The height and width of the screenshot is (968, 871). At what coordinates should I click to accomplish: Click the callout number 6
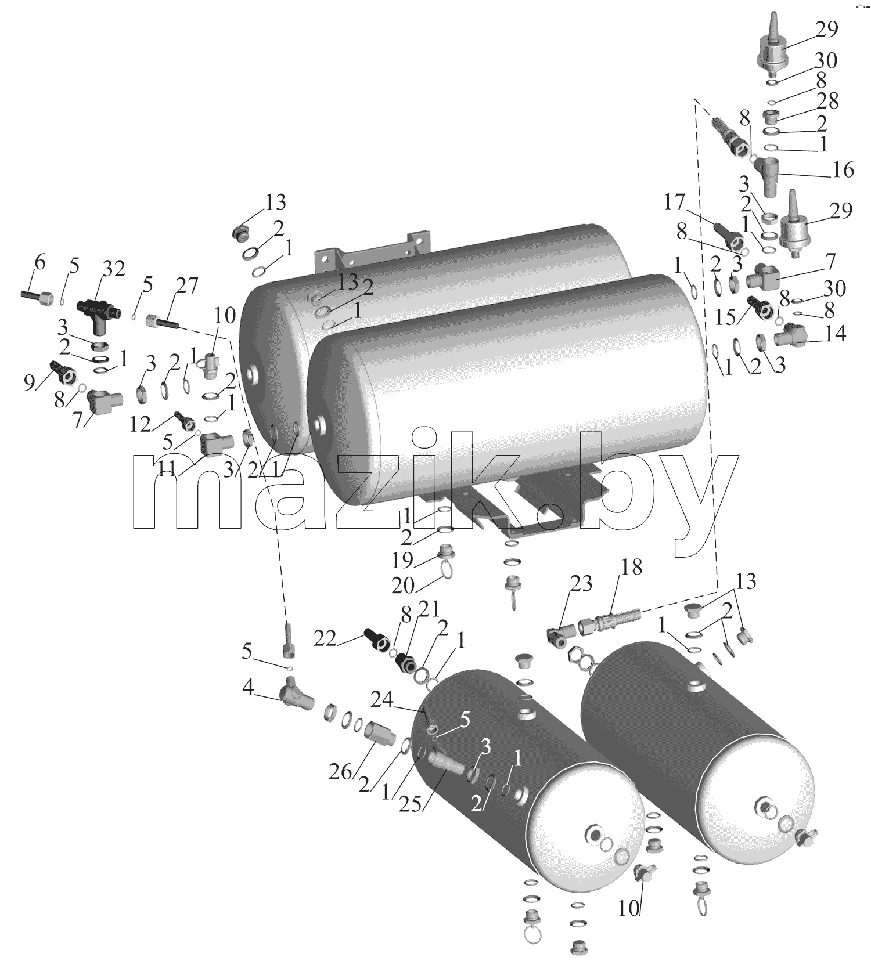(x=39, y=262)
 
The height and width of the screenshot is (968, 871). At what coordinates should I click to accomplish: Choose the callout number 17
(x=675, y=203)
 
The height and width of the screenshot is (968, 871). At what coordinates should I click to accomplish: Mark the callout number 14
(x=835, y=333)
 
